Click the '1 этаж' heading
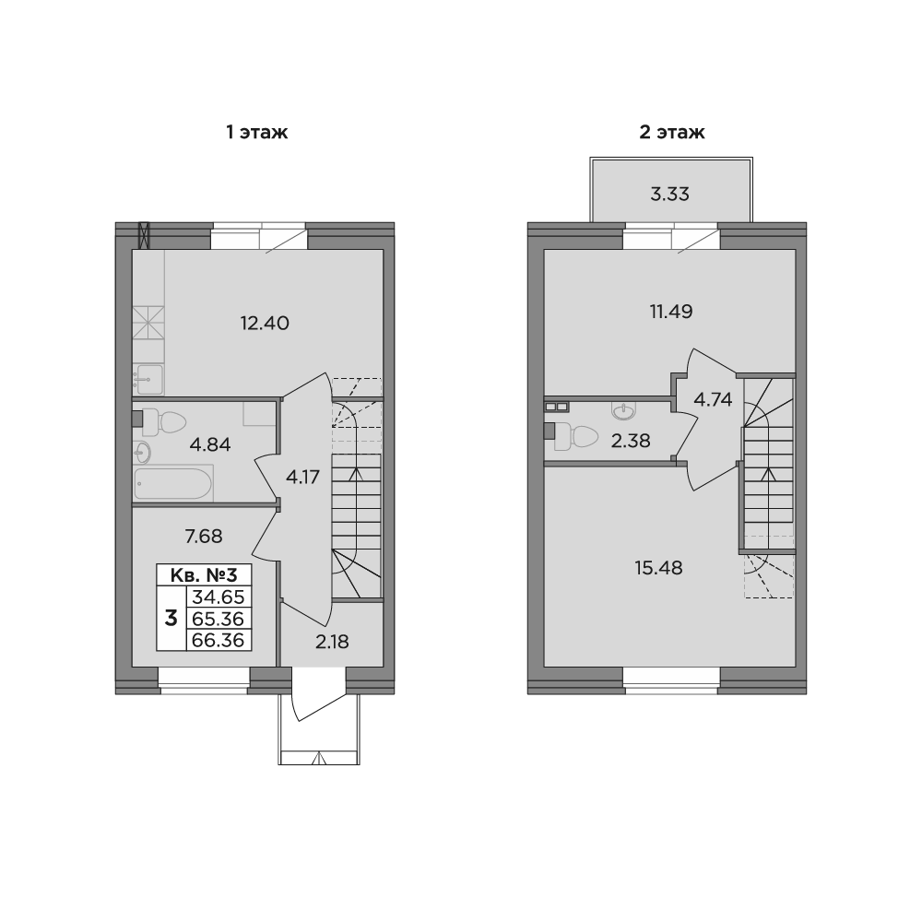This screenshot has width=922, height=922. click(x=257, y=132)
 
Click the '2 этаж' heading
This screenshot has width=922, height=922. click(x=671, y=132)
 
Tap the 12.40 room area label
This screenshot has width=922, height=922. click(x=265, y=323)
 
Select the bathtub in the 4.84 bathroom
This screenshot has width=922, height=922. click(x=173, y=483)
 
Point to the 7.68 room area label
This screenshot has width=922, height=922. click(x=204, y=537)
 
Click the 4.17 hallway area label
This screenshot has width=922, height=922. click(x=302, y=477)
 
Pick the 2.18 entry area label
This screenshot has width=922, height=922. click(x=332, y=642)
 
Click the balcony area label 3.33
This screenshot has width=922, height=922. click(x=669, y=194)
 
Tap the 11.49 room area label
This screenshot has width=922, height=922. click(x=671, y=311)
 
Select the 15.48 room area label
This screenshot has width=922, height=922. click(x=658, y=568)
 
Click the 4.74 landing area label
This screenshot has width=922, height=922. click(x=713, y=400)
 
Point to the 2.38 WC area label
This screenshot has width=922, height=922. click(x=631, y=441)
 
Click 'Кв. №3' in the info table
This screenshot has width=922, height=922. click(x=204, y=574)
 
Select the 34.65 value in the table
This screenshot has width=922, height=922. click(x=219, y=597)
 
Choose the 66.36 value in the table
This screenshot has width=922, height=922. click(x=219, y=640)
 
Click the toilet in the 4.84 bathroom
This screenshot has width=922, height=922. click(x=163, y=422)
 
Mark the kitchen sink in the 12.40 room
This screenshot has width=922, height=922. click(x=148, y=379)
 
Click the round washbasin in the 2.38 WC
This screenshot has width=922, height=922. click(x=623, y=410)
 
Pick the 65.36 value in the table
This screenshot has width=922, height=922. click(x=219, y=619)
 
